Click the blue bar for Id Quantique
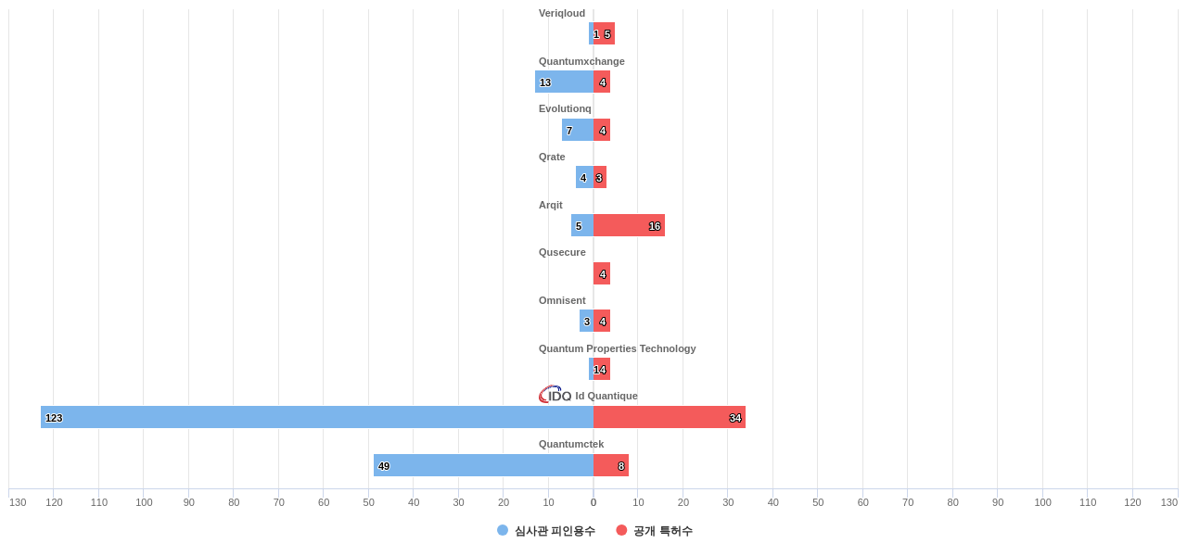pyautogui.click(x=315, y=417)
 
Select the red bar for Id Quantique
pyautogui.click(x=668, y=417)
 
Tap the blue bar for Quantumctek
pyautogui.click(x=482, y=465)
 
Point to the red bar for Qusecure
pyautogui.click(x=602, y=273)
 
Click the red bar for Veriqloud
pyautogui.click(x=604, y=33)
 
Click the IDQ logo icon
pyautogui.click(x=555, y=395)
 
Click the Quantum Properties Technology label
pyautogui.click(x=617, y=348)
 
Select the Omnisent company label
pyautogui.click(x=562, y=300)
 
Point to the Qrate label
pyautogui.click(x=552, y=157)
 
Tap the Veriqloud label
pyautogui.click(x=562, y=13)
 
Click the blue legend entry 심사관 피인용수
pyautogui.click(x=546, y=531)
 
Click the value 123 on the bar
pyautogui.click(x=54, y=418)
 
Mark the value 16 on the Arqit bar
pyautogui.click(x=655, y=226)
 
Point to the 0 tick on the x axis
pyautogui.click(x=593, y=502)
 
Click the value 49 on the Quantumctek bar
pyautogui.click(x=384, y=466)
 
